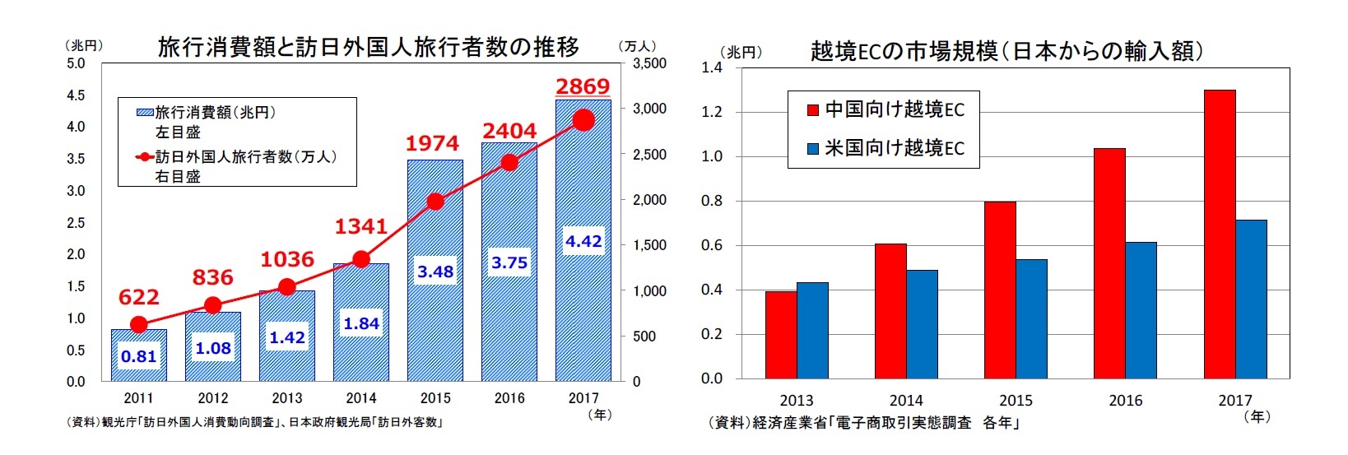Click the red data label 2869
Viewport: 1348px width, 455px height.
click(x=583, y=86)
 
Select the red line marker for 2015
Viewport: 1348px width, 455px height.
click(x=435, y=202)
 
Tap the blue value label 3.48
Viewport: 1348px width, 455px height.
click(x=435, y=272)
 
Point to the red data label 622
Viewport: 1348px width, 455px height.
click(x=139, y=297)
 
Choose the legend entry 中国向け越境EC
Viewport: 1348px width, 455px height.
click(x=885, y=109)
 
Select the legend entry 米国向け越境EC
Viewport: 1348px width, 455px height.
click(x=885, y=148)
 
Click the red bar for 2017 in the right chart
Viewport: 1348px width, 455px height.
click(x=1220, y=234)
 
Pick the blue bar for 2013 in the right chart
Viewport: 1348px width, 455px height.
click(x=812, y=331)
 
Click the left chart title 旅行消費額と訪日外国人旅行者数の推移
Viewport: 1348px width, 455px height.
click(x=368, y=47)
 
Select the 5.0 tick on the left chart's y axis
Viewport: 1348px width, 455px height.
click(x=76, y=63)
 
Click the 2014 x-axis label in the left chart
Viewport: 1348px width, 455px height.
click(x=361, y=398)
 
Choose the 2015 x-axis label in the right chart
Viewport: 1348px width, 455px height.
click(x=1016, y=401)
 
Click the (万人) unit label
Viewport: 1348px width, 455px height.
click(x=636, y=46)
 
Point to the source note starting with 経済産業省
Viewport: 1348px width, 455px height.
click(x=864, y=423)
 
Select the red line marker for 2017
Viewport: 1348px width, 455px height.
click(x=583, y=120)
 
